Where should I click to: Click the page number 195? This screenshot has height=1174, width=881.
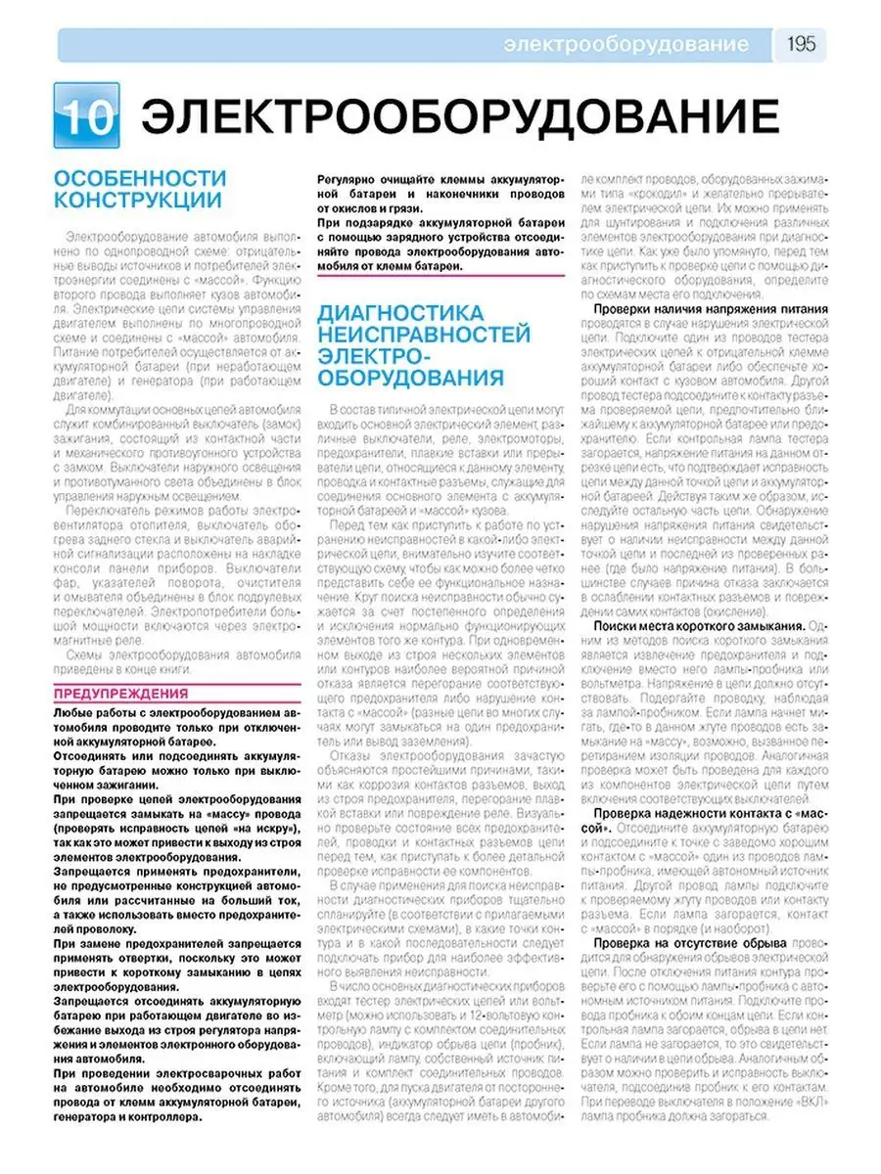[801, 45]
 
